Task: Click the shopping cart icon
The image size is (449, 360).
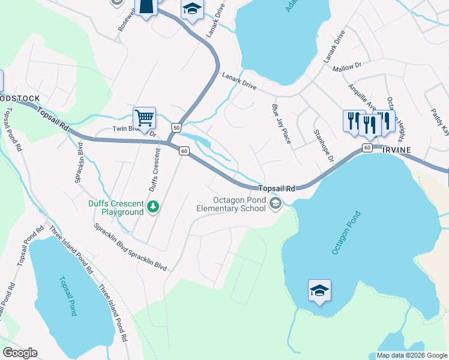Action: [144, 118]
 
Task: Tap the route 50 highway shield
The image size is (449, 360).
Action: [176, 127]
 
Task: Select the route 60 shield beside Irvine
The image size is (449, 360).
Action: [367, 148]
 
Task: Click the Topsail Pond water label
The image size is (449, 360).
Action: [68, 296]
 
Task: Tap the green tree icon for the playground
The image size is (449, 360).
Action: [154, 206]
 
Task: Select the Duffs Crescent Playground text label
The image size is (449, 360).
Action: [116, 207]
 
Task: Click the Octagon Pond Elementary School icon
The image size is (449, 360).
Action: [276, 205]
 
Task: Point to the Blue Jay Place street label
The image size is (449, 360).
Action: [281, 124]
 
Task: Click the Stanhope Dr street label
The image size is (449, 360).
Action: [323, 145]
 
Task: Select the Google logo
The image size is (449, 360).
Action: [20, 353]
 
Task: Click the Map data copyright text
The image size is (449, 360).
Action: [412, 355]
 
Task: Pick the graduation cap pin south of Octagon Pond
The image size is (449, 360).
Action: [319, 290]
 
